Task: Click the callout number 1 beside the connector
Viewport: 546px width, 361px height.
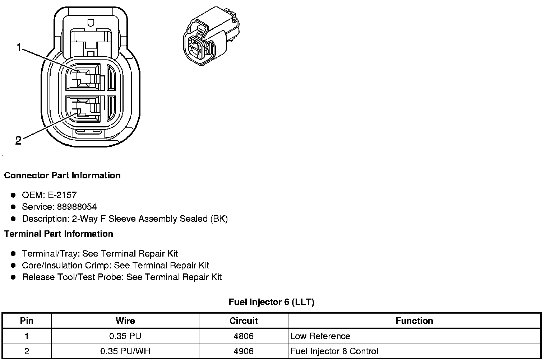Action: tap(18, 47)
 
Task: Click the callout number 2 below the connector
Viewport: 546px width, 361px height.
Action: tap(18, 141)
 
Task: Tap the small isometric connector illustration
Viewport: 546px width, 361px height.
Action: tap(210, 36)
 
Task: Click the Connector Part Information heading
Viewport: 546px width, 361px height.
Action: tap(62, 175)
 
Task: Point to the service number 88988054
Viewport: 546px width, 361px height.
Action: tap(77, 207)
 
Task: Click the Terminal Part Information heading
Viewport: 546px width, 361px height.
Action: tap(59, 234)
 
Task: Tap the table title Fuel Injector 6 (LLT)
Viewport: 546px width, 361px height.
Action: tap(272, 302)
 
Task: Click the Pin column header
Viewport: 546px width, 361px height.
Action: tap(27, 321)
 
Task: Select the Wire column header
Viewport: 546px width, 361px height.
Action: tap(125, 321)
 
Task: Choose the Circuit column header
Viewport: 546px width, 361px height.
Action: tap(244, 321)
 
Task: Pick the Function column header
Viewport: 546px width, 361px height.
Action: tap(414, 321)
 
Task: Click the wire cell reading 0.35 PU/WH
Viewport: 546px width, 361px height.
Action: tap(125, 351)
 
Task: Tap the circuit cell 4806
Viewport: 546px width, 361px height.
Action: tap(244, 336)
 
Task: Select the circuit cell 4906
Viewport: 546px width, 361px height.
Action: tap(244, 351)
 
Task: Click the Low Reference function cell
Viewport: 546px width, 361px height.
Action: tap(320, 336)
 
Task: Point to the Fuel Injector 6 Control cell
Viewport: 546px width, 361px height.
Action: tap(334, 351)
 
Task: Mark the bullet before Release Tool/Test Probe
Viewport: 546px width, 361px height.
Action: tap(13, 277)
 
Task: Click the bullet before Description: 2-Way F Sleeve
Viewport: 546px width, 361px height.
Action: tap(13, 219)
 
